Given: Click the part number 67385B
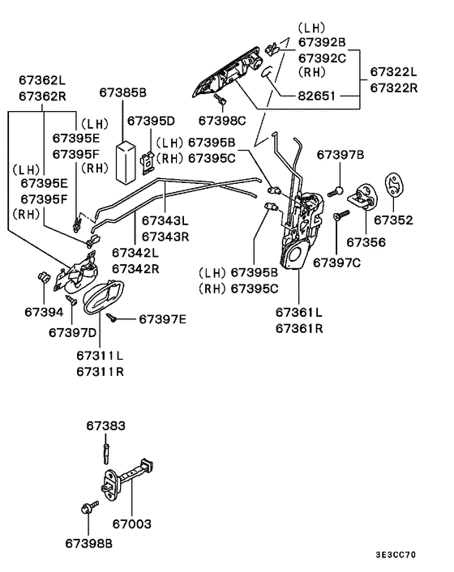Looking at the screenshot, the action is pos(122,92).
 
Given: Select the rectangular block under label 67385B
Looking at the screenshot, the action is pos(126,161).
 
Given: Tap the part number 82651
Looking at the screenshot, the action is pos(316,96).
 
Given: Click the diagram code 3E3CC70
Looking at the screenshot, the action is pos(396,555).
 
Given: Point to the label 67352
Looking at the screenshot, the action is pos(393,220).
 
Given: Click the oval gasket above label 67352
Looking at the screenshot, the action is pos(394,185).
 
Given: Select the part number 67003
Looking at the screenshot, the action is pos(131,524).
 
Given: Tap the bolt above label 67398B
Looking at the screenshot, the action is pos(89,507).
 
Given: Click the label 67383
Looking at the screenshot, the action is pos(106,425).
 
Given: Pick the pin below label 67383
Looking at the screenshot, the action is pos(106,454).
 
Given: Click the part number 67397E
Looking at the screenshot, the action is pos(162,319).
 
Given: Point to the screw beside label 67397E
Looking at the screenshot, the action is pos(112,318).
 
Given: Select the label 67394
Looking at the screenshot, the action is pos(44,312).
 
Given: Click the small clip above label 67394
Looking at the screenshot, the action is pos(44,276).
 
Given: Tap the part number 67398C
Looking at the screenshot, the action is pos(222,121).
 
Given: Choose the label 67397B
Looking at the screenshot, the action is pos(340,155).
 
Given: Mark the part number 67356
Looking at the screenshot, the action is pos(366,242).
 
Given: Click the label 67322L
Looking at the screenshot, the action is pos(393,72).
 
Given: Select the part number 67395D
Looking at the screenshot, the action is pos(151,121).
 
